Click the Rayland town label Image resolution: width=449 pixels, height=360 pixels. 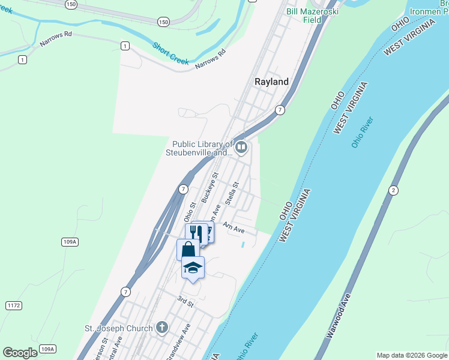[x=271, y=82]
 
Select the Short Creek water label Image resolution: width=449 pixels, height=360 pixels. [x=170, y=53]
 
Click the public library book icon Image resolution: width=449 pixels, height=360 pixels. [x=241, y=147]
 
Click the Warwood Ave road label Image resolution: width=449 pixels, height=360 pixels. [x=338, y=315]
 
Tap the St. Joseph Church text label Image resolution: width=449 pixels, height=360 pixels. [x=118, y=328]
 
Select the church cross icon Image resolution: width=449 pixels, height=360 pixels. [x=161, y=328]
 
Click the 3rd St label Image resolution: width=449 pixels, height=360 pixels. [x=185, y=301]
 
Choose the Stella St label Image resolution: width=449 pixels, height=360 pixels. [x=232, y=193]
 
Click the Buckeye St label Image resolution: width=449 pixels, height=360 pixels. [x=208, y=190]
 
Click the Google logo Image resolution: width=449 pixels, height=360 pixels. [x=20, y=353]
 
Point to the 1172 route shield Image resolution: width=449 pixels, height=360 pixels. [x=14, y=305]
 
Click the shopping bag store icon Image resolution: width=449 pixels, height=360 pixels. [x=187, y=249]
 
